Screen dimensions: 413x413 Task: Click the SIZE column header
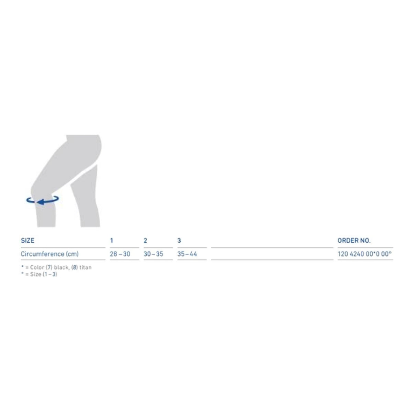point(28,241)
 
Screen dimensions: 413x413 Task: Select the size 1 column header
point(112,241)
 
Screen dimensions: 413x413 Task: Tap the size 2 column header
point(145,241)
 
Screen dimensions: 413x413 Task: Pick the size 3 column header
point(179,241)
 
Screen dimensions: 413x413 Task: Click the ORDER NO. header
point(354,241)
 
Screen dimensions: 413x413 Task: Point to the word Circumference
point(42,254)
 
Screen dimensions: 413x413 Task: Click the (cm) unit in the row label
point(72,254)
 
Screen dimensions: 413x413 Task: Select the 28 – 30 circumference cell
point(120,254)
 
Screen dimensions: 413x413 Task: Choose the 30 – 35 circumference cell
point(153,254)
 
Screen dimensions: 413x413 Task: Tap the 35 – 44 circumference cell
point(187,254)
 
